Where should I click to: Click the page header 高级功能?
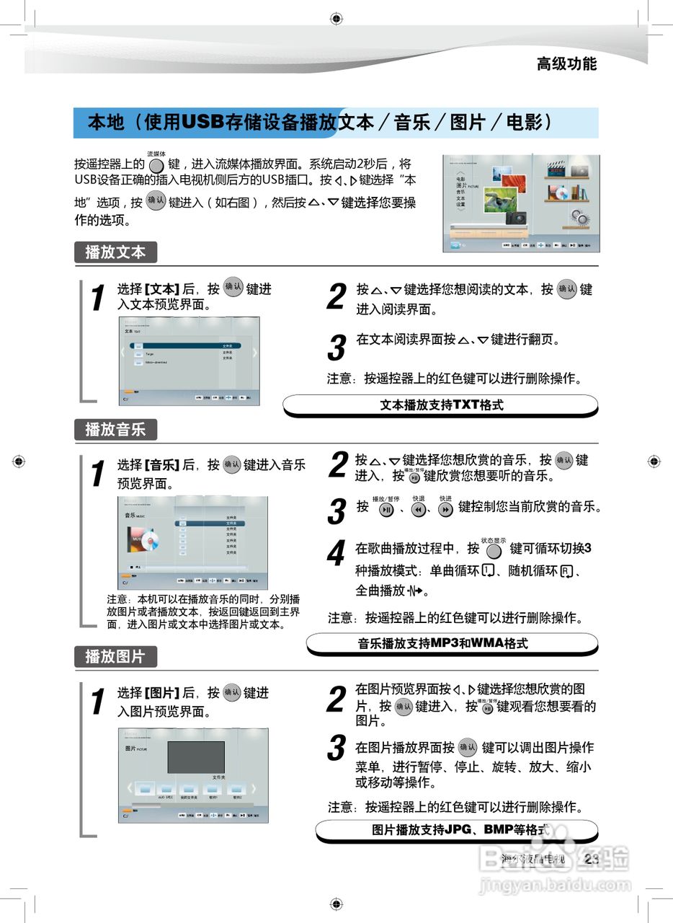pyautogui.click(x=566, y=63)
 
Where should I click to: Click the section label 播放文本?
pyautogui.click(x=115, y=252)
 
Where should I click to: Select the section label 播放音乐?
pyautogui.click(x=115, y=430)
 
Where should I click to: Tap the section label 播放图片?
pyautogui.click(x=115, y=656)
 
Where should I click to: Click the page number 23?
pyautogui.click(x=592, y=858)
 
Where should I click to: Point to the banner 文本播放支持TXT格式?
pyautogui.click(x=440, y=405)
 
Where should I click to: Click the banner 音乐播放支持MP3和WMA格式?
pyautogui.click(x=452, y=643)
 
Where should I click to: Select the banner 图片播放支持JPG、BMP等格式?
pyautogui.click(x=456, y=830)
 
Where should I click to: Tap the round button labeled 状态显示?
pyautogui.click(x=494, y=551)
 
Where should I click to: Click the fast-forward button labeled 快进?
pyautogui.click(x=445, y=510)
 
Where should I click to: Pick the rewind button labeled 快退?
pyautogui.click(x=418, y=510)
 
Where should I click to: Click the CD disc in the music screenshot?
pyautogui.click(x=150, y=539)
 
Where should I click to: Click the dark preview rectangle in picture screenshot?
pyautogui.click(x=196, y=757)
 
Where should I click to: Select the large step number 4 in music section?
pyautogui.click(x=336, y=555)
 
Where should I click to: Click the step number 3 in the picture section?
pyautogui.click(x=336, y=748)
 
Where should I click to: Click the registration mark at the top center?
pyautogui.click(x=336, y=18)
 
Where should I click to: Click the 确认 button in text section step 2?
pyautogui.click(x=567, y=290)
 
